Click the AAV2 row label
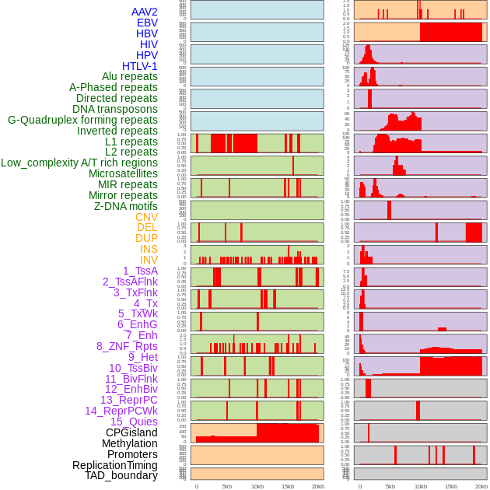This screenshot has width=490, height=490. tap(145, 12)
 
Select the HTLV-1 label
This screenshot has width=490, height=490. tap(139, 66)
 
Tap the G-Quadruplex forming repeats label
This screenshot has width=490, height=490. tap(82, 120)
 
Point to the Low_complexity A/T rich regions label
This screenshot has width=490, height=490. tap(79, 163)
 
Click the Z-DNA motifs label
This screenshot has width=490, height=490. tap(125, 206)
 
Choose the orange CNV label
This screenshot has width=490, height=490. tap(146, 217)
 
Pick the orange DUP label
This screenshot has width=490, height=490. tap(146, 238)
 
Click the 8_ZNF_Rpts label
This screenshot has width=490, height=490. tap(127, 346)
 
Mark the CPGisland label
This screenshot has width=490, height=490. tap(131, 432)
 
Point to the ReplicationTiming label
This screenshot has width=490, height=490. tap(114, 465)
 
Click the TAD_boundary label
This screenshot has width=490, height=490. tap(121, 475)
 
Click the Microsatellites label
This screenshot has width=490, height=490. tap(123, 173)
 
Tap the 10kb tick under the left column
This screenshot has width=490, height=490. tap(257, 486)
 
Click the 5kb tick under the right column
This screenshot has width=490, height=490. tap(390, 486)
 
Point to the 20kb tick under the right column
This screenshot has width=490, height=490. tap(481, 486)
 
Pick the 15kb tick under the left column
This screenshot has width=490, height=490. tap(288, 486)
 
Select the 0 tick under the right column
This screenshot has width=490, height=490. tap(360, 486)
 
